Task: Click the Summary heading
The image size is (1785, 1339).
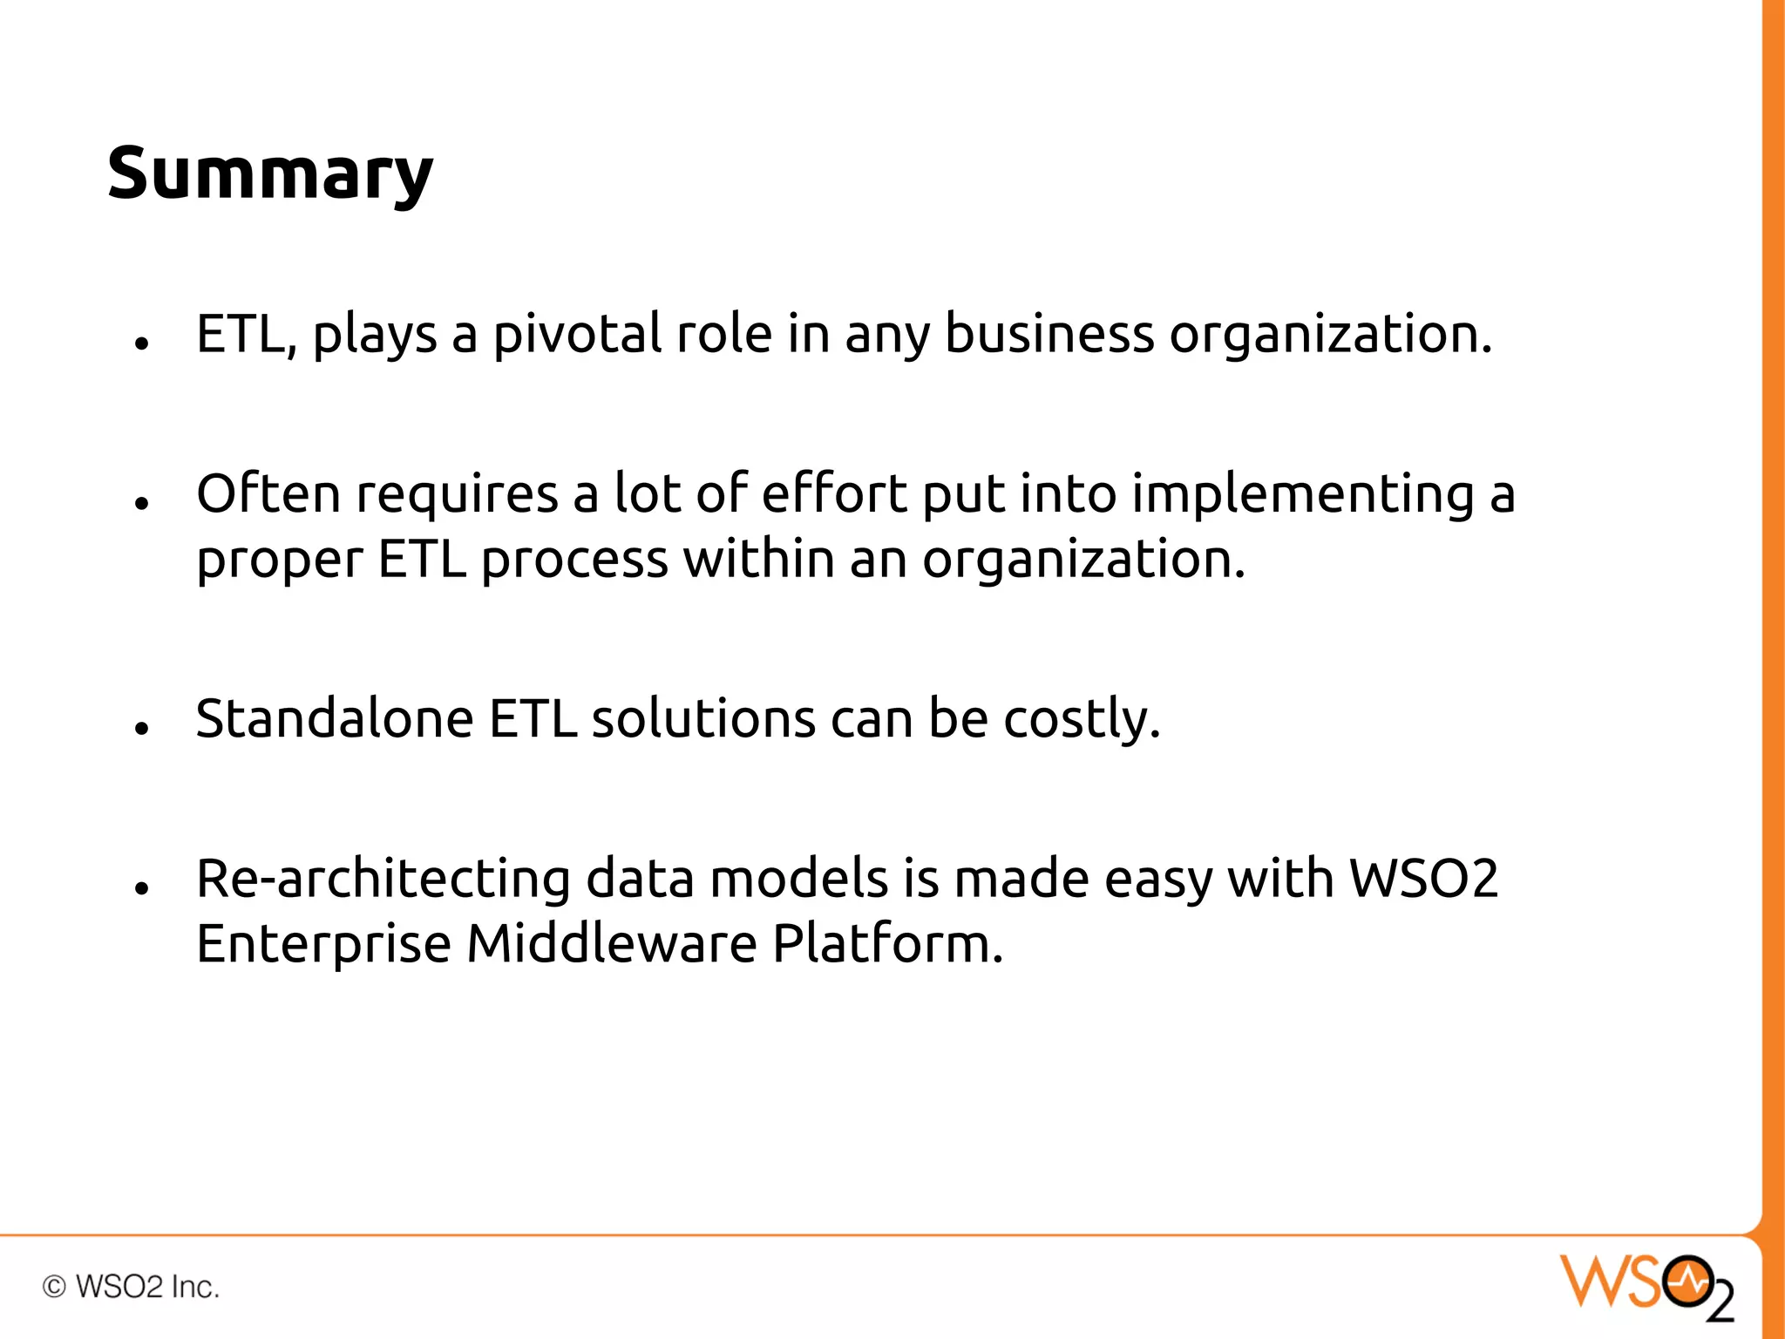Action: point(270,173)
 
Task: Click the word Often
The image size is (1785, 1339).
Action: point(268,493)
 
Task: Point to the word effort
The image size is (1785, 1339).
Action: point(834,493)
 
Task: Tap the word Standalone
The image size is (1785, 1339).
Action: point(335,719)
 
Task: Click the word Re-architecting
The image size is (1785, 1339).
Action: point(383,879)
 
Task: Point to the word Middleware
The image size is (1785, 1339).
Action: point(612,944)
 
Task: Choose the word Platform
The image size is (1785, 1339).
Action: point(888,944)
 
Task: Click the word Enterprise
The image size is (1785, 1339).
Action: point(323,946)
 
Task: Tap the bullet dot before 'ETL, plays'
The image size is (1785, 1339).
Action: point(142,343)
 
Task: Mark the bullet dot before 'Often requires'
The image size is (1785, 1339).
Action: point(142,503)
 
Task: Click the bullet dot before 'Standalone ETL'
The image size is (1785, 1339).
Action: point(142,728)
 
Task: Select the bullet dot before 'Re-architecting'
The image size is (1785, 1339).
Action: point(142,888)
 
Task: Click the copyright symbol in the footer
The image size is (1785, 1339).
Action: point(54,1287)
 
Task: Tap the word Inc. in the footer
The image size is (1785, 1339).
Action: point(195,1287)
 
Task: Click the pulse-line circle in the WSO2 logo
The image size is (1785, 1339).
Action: point(1686,1281)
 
